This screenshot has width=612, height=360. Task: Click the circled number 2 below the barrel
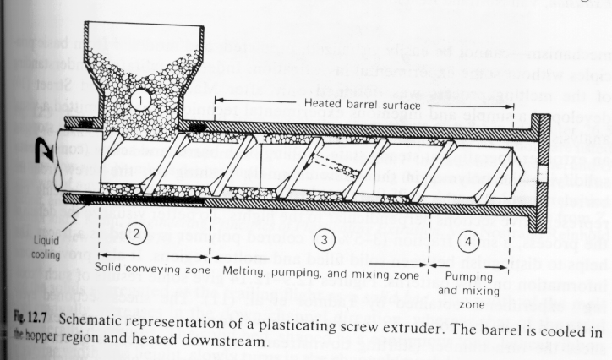121,230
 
